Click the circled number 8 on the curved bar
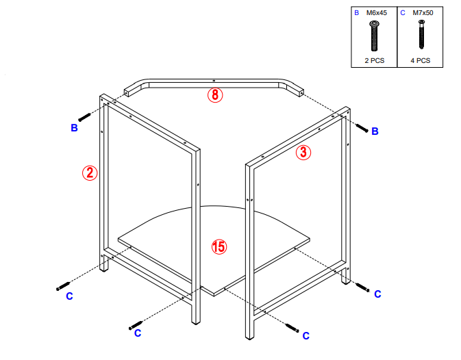coord(215,96)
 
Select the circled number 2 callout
coord(90,173)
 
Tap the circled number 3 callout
coord(303,153)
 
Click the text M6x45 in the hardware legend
coord(377,12)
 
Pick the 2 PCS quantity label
coord(374,60)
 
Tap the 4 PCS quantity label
coord(420,60)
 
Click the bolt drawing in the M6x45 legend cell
coord(374,36)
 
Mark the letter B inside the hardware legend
coord(356,12)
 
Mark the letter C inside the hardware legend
coord(403,12)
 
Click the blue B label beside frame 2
coord(74,128)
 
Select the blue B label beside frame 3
coord(375,131)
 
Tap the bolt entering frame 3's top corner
coord(362,127)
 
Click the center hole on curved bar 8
coord(214,79)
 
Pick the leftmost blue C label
coord(69,296)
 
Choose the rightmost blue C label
coord(377,294)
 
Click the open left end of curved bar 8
coord(128,91)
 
